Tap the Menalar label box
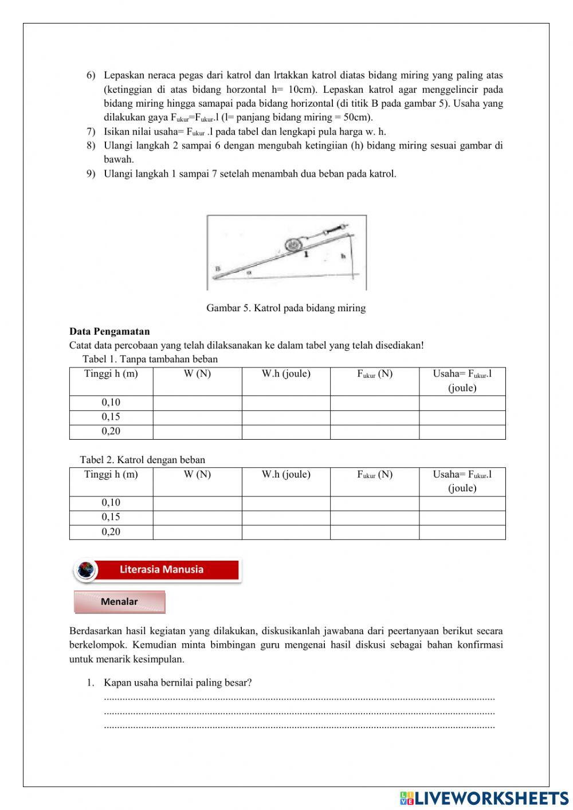click(x=119, y=602)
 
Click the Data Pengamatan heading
click(x=109, y=331)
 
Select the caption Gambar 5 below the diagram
click(x=286, y=308)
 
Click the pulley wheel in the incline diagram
click(x=293, y=244)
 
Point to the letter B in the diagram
click(x=218, y=268)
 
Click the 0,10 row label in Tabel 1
click(x=111, y=402)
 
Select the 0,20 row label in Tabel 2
click(x=111, y=532)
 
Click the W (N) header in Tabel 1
click(x=197, y=374)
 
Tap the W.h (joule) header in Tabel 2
click(x=286, y=475)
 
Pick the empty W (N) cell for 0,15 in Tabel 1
click(x=197, y=417)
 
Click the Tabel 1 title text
click(x=150, y=359)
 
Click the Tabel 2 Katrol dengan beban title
click(x=143, y=460)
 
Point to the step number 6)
click(x=91, y=75)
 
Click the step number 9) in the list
click(x=91, y=174)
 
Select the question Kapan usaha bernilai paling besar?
click(x=178, y=683)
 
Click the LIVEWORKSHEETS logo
click(x=484, y=799)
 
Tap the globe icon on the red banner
click(x=87, y=570)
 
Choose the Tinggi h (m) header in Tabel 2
click(x=111, y=475)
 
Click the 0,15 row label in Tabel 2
click(x=111, y=517)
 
